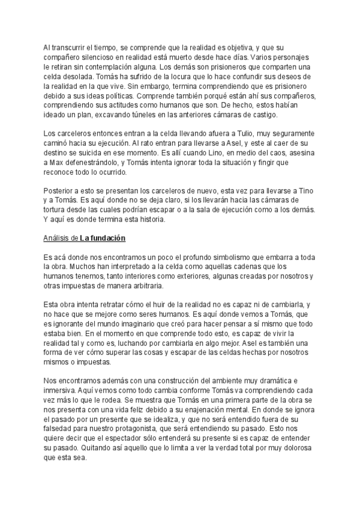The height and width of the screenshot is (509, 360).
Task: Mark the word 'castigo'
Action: tap(278, 115)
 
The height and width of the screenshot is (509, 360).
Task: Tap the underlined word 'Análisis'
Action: tap(56, 238)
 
